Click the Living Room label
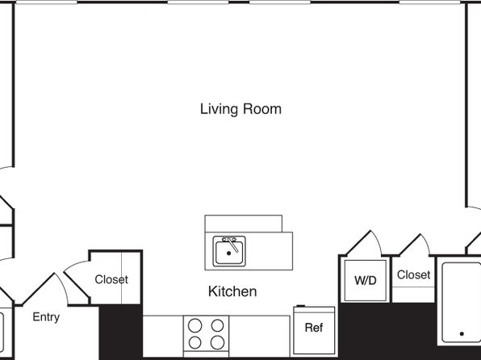click(240, 109)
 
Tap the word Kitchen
click(232, 291)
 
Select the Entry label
click(46, 317)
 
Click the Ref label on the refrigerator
click(314, 328)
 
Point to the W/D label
click(365, 280)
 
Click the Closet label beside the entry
click(111, 279)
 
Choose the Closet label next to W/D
click(413, 274)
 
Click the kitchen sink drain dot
click(228, 253)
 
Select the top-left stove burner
click(194, 325)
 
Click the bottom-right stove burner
click(217, 342)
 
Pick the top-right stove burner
click(217, 325)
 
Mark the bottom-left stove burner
click(194, 342)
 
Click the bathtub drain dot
click(462, 333)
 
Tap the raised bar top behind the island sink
click(243, 224)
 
